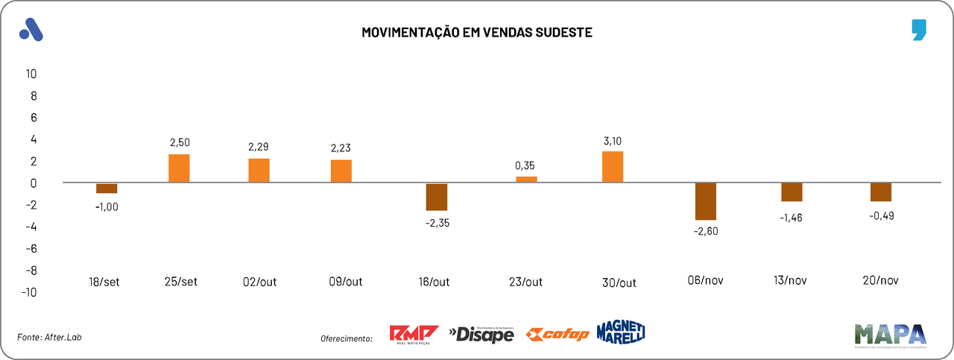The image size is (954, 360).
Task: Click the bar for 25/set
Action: coord(179,168)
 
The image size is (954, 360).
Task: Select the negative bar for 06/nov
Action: coord(705,201)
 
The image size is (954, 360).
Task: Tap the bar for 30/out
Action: coord(613,167)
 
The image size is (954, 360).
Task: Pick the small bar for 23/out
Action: coord(526,179)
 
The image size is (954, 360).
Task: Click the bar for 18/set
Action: coord(107,189)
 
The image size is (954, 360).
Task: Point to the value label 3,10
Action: coord(613,140)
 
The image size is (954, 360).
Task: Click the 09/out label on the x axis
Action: coord(345,282)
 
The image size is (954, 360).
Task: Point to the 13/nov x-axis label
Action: coord(789,281)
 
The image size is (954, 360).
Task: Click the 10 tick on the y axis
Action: coord(31,74)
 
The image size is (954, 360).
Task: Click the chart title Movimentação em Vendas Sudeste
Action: coord(477,33)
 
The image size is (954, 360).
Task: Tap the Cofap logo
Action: coord(557,335)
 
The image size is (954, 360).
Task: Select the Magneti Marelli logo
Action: coord(620,332)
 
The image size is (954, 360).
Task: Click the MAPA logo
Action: coord(890,335)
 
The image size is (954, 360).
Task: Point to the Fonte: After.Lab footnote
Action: coord(49,338)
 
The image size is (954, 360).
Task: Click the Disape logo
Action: coord(481,335)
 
